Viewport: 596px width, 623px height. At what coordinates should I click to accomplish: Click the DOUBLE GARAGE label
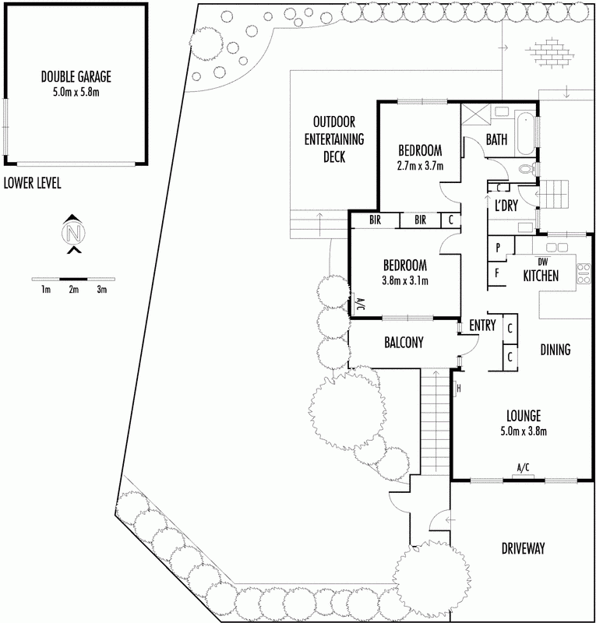click(76, 76)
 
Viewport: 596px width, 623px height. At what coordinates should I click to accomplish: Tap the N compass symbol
click(73, 233)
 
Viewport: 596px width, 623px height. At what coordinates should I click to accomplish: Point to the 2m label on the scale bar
click(73, 290)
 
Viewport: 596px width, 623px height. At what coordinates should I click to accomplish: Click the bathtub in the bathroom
click(525, 133)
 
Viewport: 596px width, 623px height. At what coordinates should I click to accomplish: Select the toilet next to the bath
click(527, 168)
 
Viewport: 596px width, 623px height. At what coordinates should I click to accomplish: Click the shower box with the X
click(475, 114)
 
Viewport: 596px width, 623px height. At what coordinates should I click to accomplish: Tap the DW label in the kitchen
click(542, 262)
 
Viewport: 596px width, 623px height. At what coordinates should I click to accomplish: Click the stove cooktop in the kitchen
click(584, 274)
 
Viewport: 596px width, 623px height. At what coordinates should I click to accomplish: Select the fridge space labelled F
click(497, 273)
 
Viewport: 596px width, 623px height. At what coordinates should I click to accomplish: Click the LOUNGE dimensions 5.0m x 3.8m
click(524, 431)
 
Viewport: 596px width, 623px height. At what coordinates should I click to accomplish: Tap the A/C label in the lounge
click(523, 467)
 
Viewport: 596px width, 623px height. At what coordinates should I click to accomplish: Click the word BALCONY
click(404, 343)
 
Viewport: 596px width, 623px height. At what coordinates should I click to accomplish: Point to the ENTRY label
click(482, 326)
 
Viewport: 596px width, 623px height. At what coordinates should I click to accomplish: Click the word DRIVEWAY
click(523, 549)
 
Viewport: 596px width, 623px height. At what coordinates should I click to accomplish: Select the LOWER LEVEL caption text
click(32, 183)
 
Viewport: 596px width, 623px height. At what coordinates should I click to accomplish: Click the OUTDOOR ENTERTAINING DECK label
click(334, 139)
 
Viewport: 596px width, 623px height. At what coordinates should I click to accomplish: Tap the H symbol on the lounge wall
click(458, 389)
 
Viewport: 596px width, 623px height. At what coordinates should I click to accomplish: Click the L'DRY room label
click(506, 206)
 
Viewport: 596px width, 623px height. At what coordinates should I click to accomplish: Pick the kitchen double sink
click(556, 248)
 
